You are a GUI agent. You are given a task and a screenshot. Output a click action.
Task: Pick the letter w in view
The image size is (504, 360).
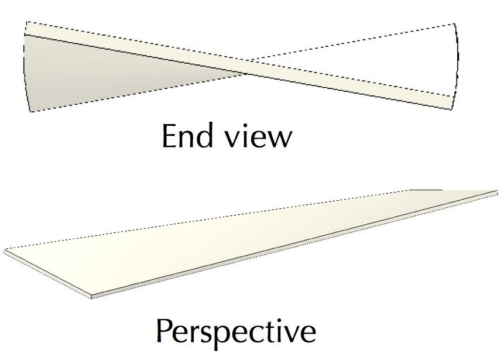pos(278,139)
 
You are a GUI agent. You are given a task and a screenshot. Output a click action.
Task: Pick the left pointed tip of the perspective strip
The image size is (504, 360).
pos(6,252)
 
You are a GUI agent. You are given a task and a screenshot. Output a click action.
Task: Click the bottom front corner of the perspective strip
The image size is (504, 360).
pos(92,296)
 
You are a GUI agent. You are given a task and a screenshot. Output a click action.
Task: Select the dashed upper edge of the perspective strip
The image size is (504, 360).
pos(205,220)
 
